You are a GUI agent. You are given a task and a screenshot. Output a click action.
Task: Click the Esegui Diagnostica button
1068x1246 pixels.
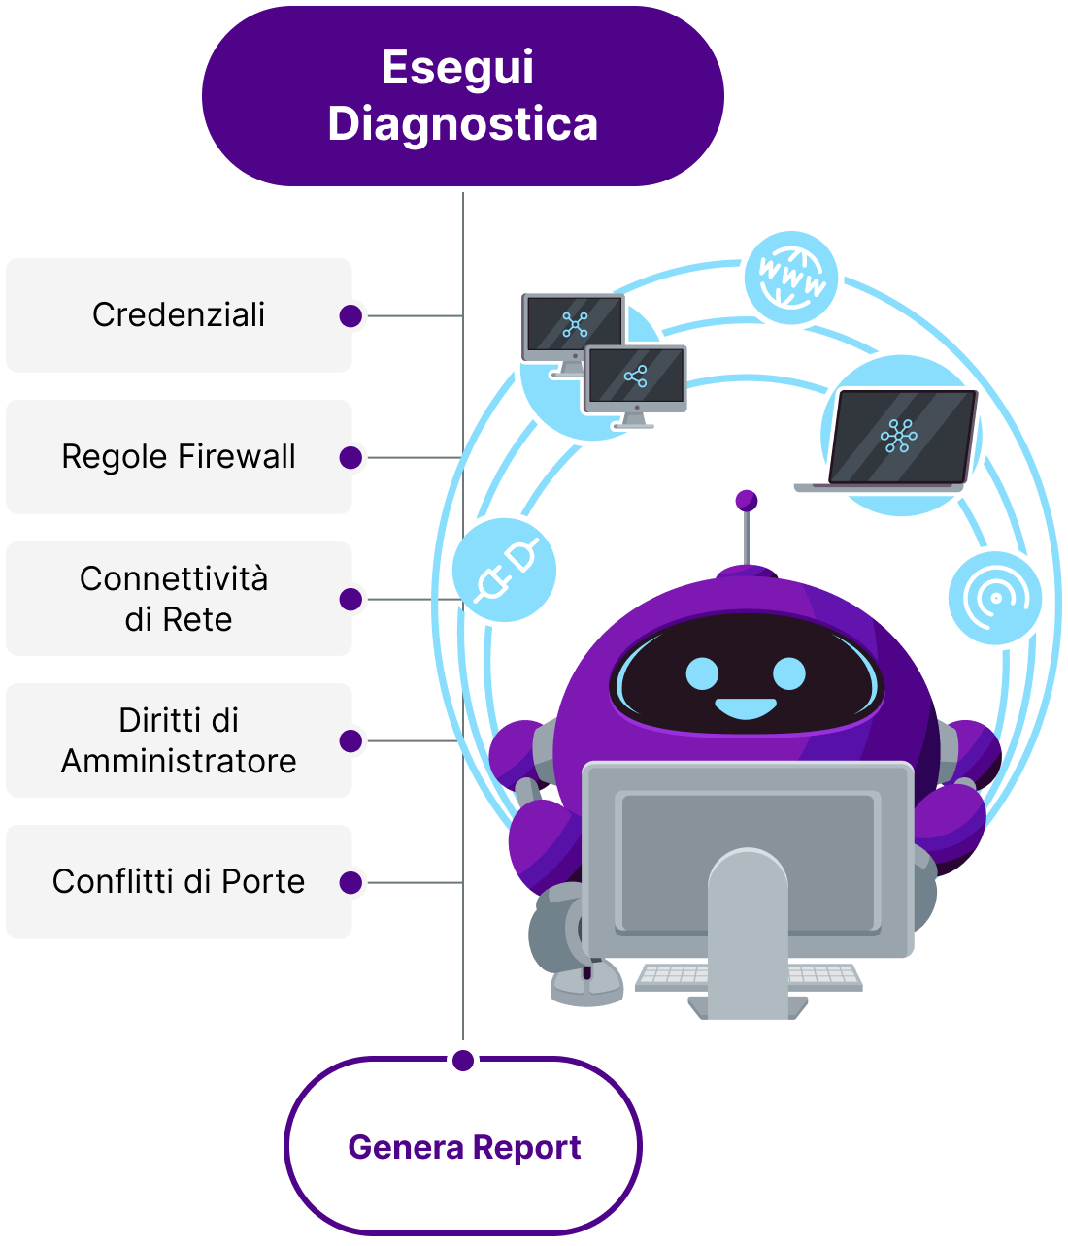coord(462,96)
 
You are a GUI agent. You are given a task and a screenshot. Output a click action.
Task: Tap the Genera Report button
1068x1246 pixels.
coord(463,1146)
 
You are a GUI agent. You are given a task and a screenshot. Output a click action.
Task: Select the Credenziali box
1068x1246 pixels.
coord(179,314)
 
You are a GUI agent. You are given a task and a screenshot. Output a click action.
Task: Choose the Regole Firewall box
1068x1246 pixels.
coord(179,456)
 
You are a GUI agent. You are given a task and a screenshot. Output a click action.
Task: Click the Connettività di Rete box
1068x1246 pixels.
coord(179,598)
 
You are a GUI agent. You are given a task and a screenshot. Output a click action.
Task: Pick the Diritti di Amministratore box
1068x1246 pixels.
coord(179,739)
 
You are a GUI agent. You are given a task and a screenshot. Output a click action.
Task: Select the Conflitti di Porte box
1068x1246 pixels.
coord(179,881)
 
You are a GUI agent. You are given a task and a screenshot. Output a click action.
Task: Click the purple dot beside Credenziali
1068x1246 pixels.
coord(350,315)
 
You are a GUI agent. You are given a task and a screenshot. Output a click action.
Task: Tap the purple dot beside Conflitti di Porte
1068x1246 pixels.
coord(350,882)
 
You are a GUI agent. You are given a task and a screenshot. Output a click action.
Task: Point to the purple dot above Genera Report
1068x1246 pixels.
coord(463,1059)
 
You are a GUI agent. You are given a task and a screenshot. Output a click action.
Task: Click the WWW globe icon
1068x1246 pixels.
coord(790,278)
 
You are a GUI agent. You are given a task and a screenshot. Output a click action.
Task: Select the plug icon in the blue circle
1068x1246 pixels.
coord(504,571)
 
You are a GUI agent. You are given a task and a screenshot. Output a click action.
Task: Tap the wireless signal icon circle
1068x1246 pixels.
coord(994,598)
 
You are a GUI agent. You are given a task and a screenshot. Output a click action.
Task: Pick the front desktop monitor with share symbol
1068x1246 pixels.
coord(635,381)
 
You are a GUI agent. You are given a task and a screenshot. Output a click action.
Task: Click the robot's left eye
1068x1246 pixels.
coord(702,672)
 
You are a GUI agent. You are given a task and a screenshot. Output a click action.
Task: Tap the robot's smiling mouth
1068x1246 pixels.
coord(746,707)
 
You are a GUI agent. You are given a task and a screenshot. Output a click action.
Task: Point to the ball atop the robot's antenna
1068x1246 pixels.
coord(746,500)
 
